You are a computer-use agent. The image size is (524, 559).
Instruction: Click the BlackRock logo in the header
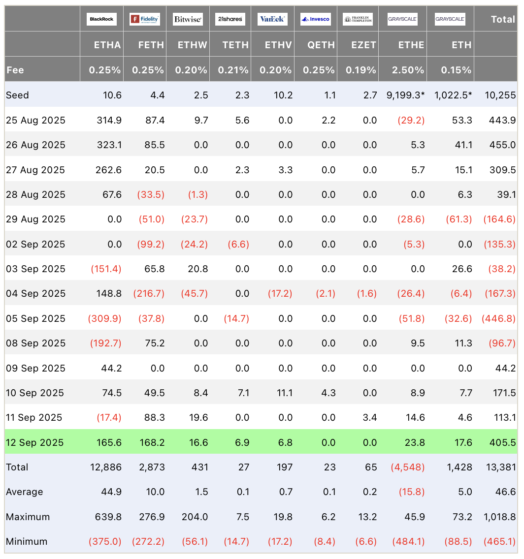click(x=101, y=19)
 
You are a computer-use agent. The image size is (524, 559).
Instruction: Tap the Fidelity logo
click(x=144, y=19)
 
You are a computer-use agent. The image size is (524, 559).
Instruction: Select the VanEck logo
click(x=272, y=19)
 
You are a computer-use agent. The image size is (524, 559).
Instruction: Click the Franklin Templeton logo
click(x=358, y=19)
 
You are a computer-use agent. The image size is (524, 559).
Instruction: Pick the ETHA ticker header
click(x=107, y=45)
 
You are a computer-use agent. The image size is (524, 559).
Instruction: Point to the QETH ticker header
click(x=321, y=45)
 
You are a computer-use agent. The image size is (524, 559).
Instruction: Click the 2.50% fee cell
click(x=408, y=70)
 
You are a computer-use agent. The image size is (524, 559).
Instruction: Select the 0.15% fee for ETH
click(x=456, y=70)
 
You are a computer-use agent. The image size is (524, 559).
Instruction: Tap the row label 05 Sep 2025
click(x=35, y=318)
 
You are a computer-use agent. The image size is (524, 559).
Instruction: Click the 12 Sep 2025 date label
click(x=35, y=442)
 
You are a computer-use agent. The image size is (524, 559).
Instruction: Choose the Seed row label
click(x=17, y=95)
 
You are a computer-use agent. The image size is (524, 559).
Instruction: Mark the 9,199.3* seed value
click(x=406, y=95)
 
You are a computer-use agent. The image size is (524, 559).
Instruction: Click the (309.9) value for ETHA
click(x=104, y=318)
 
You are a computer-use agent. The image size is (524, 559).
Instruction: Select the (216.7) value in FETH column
click(x=149, y=294)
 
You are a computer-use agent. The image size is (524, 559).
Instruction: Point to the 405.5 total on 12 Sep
click(x=503, y=442)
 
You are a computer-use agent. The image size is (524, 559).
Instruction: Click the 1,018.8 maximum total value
click(x=500, y=517)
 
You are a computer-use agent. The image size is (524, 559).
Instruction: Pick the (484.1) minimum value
click(x=408, y=541)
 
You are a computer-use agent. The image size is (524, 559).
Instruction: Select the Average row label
click(x=24, y=492)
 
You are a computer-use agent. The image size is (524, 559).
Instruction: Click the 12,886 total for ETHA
click(x=106, y=467)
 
